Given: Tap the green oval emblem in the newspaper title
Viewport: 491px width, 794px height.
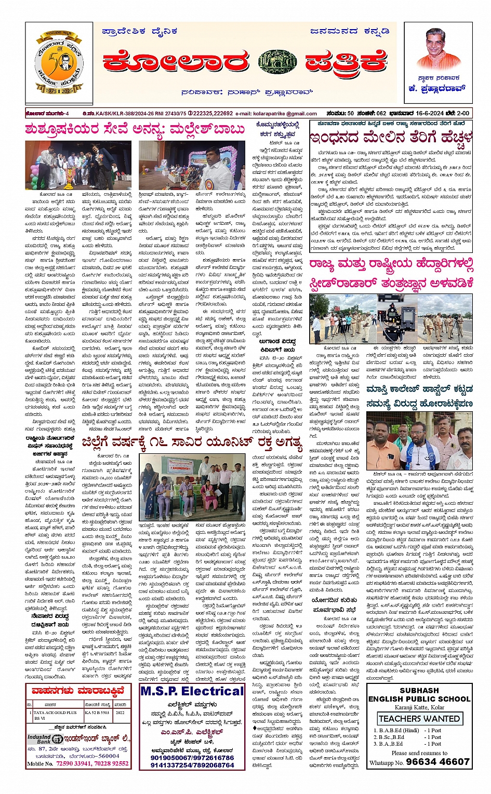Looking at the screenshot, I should (277, 62).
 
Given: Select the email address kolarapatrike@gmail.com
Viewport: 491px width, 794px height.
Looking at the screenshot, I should (283, 113).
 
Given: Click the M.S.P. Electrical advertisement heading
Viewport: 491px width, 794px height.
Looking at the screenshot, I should (192, 691).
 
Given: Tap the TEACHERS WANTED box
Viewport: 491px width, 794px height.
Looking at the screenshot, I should (419, 719).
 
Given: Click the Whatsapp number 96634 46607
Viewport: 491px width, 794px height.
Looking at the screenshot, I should (437, 762).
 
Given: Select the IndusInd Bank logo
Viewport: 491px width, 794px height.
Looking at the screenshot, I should (46, 739).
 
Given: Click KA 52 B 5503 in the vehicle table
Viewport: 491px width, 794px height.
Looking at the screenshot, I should (98, 712).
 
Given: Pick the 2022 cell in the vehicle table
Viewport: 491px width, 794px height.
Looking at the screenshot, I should (120, 712).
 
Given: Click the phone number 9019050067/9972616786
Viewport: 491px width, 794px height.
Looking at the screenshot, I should (192, 758).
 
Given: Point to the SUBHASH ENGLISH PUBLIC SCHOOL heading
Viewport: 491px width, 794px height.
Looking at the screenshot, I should (419, 695).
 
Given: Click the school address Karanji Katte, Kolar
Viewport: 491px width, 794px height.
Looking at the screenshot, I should (419, 707).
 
